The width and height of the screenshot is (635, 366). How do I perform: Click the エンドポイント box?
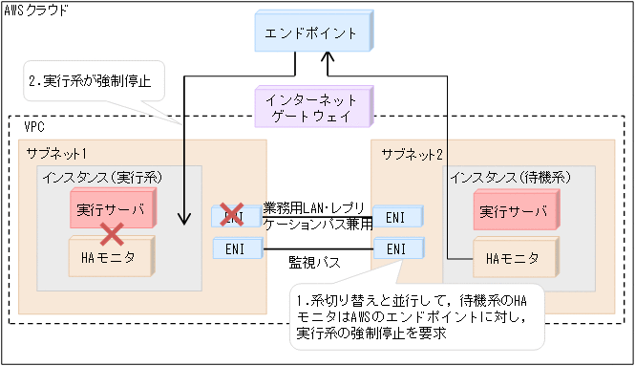tap(310, 33)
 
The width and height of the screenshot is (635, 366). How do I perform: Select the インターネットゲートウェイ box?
tap(310, 106)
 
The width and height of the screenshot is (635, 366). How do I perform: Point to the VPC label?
tap(33, 126)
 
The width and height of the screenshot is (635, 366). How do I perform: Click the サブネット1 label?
tap(56, 152)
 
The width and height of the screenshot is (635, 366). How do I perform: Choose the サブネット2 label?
tap(412, 153)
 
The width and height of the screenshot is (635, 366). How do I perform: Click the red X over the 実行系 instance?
tap(114, 233)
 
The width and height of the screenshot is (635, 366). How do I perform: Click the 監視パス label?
tap(316, 259)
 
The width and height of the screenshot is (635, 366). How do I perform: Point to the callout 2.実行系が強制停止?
tap(91, 81)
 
